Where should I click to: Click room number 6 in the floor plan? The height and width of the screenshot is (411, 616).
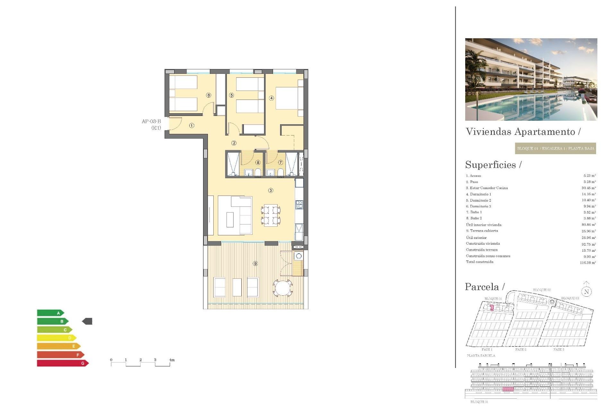click(209, 95)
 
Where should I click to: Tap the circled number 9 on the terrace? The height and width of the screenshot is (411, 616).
click(255, 264)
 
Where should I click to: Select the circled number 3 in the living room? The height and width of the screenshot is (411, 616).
click(271, 190)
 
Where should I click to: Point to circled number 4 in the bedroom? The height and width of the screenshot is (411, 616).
click(271, 98)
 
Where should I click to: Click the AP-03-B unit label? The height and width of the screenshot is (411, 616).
click(151, 121)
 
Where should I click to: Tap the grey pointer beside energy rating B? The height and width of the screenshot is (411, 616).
click(87, 321)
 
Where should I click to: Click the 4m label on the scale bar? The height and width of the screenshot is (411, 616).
click(172, 360)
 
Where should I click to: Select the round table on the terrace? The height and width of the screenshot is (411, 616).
click(283, 288)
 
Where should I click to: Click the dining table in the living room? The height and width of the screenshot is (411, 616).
click(271, 215)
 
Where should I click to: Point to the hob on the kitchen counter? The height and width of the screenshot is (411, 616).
click(299, 205)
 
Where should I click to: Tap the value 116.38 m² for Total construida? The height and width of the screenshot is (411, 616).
click(588, 263)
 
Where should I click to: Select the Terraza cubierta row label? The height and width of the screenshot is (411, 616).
click(482, 231)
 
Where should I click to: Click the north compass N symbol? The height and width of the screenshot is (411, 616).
click(586, 292)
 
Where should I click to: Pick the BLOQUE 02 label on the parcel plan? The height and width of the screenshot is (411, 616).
click(542, 290)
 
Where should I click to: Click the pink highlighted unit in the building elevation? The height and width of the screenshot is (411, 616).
click(508, 389)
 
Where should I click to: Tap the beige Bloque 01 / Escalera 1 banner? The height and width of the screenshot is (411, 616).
click(555, 148)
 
